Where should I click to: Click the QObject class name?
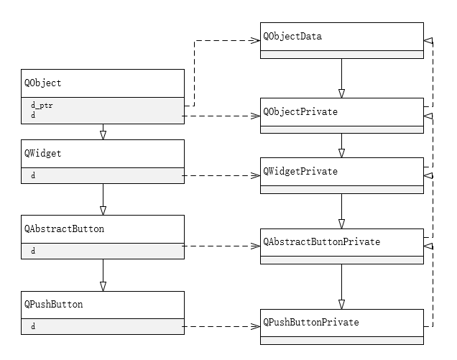[42, 83]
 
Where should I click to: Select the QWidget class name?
[42, 153]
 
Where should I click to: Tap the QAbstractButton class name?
[64, 229]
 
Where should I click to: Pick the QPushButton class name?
[53, 305]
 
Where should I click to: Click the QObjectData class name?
[292, 36]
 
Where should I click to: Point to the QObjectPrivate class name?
[300, 112]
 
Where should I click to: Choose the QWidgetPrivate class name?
[300, 172]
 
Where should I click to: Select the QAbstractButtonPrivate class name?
[322, 242]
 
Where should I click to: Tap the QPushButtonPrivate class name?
[311, 323]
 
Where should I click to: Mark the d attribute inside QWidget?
[33, 175]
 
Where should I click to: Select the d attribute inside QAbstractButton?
[33, 251]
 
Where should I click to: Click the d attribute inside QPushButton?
[33, 327]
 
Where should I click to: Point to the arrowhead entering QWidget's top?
[103, 134]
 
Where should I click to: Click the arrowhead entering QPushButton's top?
[103, 286]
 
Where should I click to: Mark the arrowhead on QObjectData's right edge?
[429, 40]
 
